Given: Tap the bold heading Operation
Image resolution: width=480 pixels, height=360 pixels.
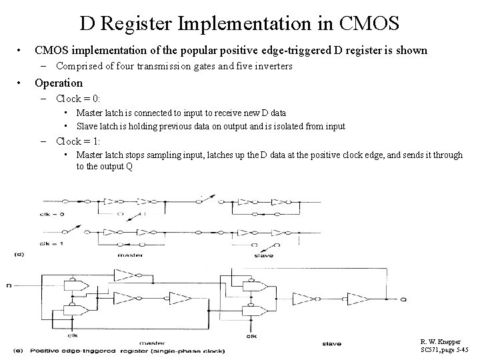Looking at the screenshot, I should (x=59, y=83).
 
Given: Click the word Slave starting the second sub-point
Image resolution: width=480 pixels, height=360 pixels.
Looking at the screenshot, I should (x=87, y=126).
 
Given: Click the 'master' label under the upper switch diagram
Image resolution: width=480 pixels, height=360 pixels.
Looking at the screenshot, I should (x=129, y=255).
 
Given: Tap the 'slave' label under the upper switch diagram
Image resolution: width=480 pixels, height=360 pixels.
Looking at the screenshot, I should (x=262, y=255).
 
